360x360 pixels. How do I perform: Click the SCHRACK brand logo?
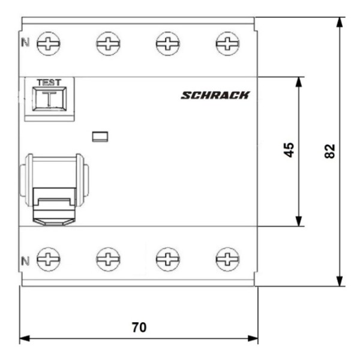215,95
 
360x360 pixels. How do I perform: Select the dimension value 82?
329,151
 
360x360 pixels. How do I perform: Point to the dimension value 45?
289,150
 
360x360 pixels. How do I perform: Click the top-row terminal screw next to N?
48,43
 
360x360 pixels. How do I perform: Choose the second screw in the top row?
108,43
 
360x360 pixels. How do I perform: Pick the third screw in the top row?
167,43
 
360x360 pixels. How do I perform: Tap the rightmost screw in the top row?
227,43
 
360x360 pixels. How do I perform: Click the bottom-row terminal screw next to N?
48,259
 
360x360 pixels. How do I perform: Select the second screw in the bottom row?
108,259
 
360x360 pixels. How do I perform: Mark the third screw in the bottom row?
167,259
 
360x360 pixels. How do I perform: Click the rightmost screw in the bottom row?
227,259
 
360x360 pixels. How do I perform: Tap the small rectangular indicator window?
99,136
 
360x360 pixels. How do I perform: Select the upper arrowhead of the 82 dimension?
340,22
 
